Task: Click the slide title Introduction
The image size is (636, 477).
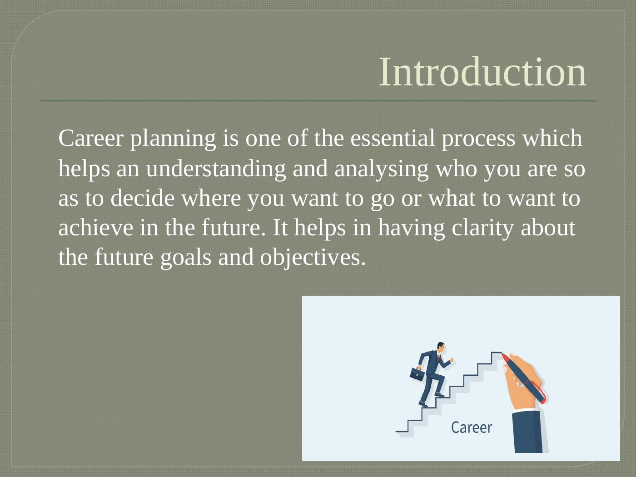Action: pos(483,72)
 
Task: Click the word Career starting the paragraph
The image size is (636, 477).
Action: pos(91,138)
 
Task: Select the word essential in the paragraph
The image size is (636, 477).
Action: pos(393,138)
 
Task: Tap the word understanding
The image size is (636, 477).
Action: pos(216,169)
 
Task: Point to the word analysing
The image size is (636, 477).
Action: pos(381,169)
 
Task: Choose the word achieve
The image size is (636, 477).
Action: pos(95,228)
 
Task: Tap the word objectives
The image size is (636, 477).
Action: pos(313,258)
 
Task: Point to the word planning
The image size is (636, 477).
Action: pos(173,139)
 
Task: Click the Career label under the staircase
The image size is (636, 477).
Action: pos(472,427)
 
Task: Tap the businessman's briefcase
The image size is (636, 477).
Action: pos(417,374)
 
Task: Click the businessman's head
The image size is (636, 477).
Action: pos(441,348)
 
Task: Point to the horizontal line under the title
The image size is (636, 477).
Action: pos(319,100)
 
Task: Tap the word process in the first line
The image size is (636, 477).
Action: pos(478,139)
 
